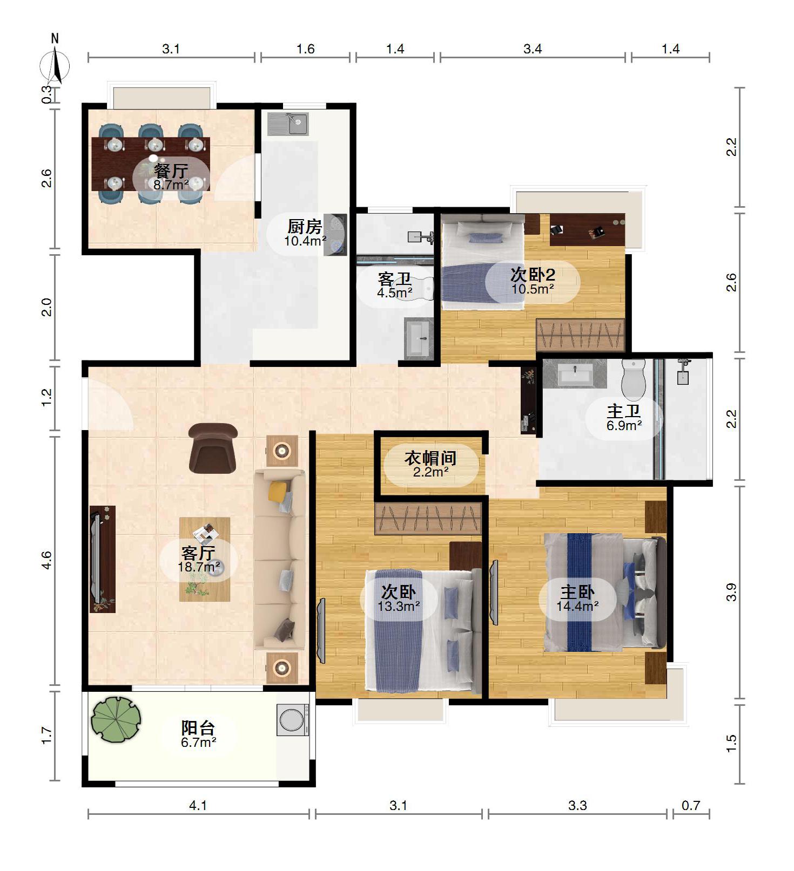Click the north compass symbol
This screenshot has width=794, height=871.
pos(55,64)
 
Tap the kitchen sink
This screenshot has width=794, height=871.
pos(288,124)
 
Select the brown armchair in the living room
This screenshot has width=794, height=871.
pos(213,448)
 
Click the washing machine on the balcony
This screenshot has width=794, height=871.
pos(293,720)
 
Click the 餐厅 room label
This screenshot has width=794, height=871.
pos(171,171)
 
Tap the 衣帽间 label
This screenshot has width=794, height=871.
pos(430,458)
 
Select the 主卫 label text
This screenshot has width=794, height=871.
pos(624,411)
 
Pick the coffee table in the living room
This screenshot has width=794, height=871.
pos(205,559)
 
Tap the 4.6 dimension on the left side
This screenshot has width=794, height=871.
pos(47,560)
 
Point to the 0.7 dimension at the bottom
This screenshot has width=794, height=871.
pos(690,806)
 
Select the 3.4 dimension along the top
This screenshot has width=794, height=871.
pos(533,49)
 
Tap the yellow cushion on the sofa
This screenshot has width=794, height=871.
pos(277,491)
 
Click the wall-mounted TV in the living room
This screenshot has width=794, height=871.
pos(96,559)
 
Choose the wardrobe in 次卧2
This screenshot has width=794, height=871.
pos(581,335)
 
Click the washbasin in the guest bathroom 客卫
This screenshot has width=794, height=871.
pos(419,338)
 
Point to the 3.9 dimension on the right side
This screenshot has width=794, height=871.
pos(731,592)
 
